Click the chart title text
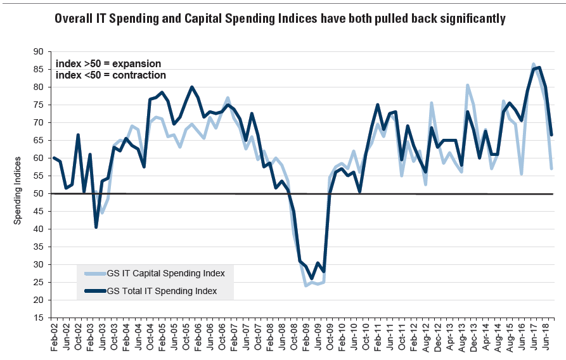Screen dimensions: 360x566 tap(280, 19)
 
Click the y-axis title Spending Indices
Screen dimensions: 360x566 tap(18, 190)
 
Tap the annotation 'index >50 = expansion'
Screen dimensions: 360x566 tap(108, 64)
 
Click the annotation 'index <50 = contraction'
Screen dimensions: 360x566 tap(111, 75)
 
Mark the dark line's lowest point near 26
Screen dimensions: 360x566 tap(311, 278)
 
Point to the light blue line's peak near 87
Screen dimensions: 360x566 tap(534, 64)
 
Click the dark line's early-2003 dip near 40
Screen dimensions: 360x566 tap(96, 227)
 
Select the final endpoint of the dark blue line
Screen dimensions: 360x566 tap(551, 134)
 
